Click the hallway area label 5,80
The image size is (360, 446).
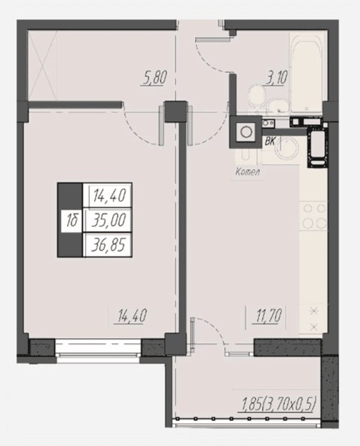(154, 78)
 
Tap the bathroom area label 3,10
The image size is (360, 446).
(276, 77)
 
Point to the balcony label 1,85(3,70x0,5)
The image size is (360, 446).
(278, 405)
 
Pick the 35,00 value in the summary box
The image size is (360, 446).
(109, 221)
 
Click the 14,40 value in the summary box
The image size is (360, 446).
(109, 196)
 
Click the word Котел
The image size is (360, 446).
(248, 172)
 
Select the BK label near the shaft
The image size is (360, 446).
(270, 142)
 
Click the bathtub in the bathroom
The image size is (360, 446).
(306, 74)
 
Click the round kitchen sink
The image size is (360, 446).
(288, 148)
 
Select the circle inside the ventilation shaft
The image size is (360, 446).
(246, 132)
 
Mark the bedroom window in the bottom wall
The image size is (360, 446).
(98, 348)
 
